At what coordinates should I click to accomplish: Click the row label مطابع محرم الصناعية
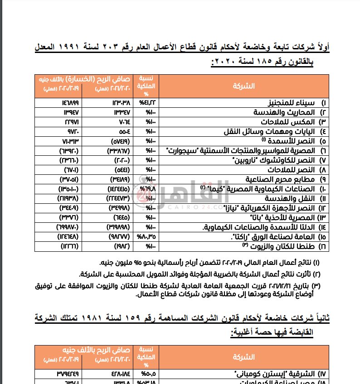(282, 178)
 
